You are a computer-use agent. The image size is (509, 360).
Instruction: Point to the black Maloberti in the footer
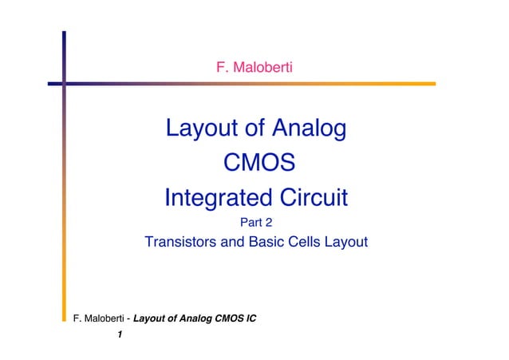[103, 319]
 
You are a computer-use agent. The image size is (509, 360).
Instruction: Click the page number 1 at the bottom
[119, 334]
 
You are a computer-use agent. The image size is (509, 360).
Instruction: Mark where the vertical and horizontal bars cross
[64, 82]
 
